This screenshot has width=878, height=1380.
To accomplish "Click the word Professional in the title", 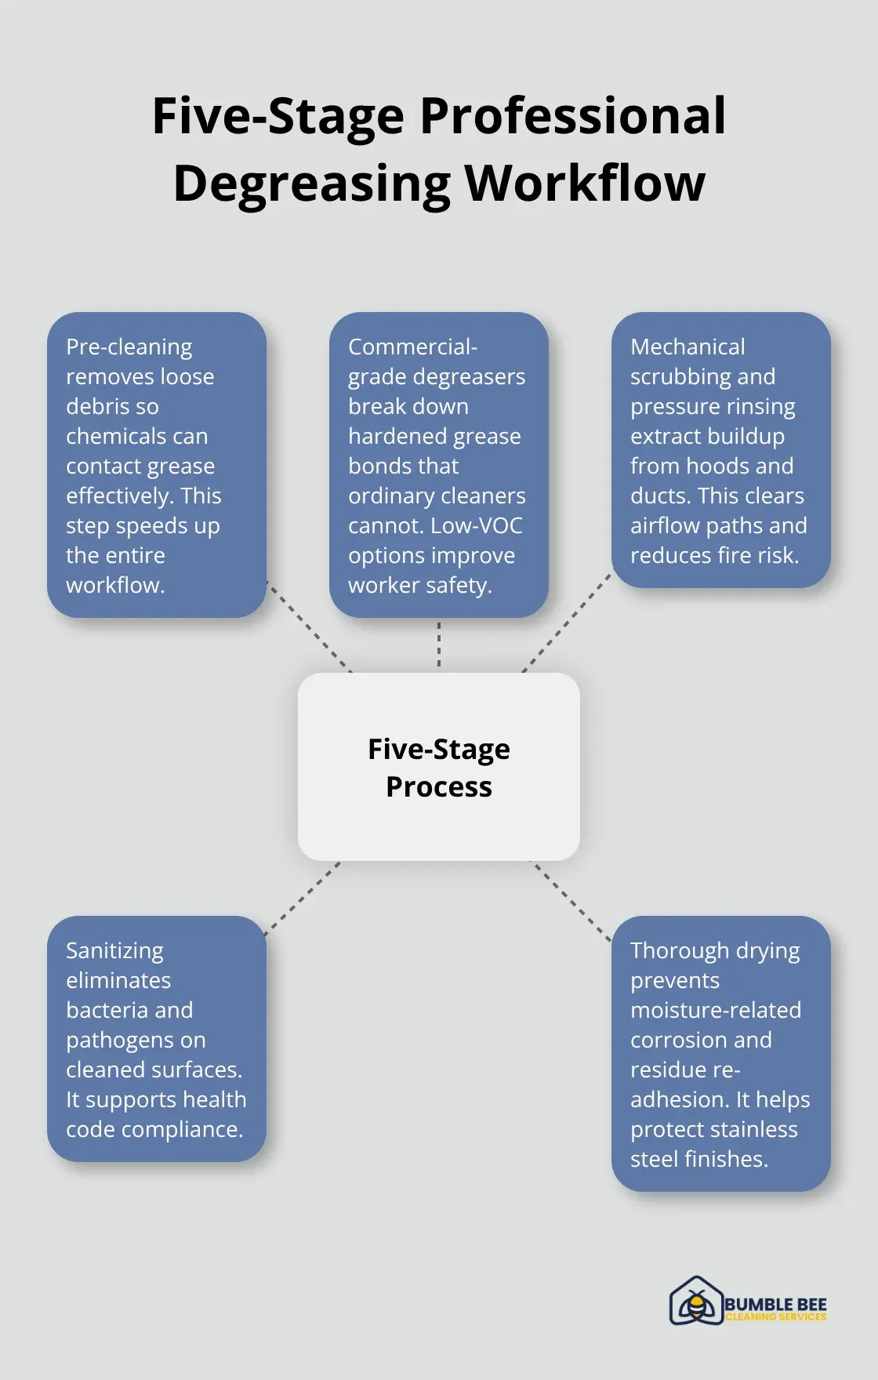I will pyautogui.click(x=572, y=116).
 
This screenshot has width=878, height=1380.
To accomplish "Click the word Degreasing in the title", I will pyautogui.click(x=311, y=183).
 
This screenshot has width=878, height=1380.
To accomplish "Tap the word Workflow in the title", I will pyautogui.click(x=585, y=183).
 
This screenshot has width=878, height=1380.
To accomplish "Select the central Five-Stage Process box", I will pyautogui.click(x=439, y=767).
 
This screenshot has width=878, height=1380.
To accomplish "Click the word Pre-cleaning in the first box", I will pyautogui.click(x=129, y=347).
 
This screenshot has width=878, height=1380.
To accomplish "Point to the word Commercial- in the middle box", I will pyautogui.click(x=412, y=347).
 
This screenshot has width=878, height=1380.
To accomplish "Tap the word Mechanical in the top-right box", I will pyautogui.click(x=688, y=347).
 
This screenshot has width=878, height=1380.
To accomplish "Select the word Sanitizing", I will pyautogui.click(x=114, y=950).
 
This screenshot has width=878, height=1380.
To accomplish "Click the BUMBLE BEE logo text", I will pyautogui.click(x=775, y=1304).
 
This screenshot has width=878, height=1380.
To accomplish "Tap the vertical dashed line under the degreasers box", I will pyautogui.click(x=439, y=645).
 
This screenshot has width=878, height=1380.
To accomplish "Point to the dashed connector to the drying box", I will pyautogui.click(x=571, y=900).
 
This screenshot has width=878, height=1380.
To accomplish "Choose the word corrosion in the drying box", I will pyautogui.click(x=678, y=1040).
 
